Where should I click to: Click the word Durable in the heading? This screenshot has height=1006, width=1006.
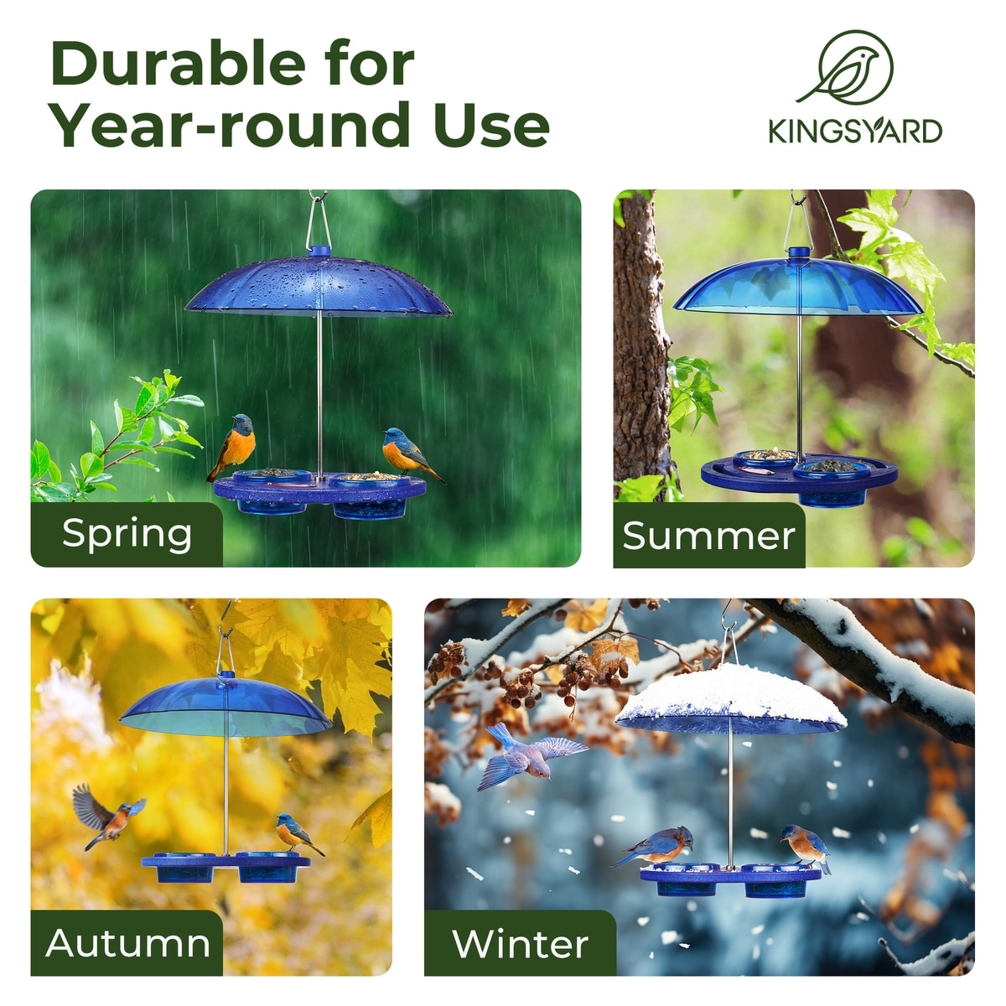click(179, 64)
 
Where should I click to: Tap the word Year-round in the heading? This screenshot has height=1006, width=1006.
click(231, 125)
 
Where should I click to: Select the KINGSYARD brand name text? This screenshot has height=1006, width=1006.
click(855, 131)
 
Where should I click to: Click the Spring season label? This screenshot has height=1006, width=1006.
click(127, 535)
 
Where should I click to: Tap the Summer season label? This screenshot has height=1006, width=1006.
click(708, 537)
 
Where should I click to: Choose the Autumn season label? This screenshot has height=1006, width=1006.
click(127, 943)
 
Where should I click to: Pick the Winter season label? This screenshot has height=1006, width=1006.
click(520, 944)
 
